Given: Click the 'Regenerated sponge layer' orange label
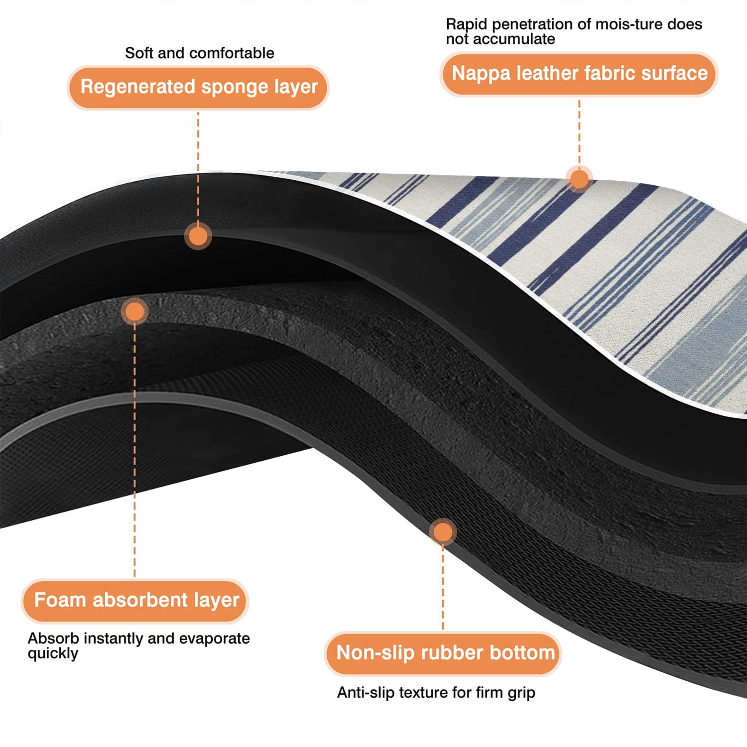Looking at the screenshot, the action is [198, 87].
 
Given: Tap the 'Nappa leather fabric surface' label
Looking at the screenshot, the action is [579, 74].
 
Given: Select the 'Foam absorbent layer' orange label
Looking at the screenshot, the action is [134, 601].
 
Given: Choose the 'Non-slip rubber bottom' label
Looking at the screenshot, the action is [443, 653].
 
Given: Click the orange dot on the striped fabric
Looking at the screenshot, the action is [579, 178].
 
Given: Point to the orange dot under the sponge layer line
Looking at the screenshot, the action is [198, 236].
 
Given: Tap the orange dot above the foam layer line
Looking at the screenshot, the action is [134, 312].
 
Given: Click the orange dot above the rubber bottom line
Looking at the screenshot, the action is [443, 532].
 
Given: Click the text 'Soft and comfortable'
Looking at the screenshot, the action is [199, 53].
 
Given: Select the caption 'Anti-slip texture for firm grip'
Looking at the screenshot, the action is [436, 693].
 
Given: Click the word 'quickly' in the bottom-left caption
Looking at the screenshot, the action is [53, 654].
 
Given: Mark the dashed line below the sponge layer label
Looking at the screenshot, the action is [198, 166].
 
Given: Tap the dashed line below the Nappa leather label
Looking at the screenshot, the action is [579, 131].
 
